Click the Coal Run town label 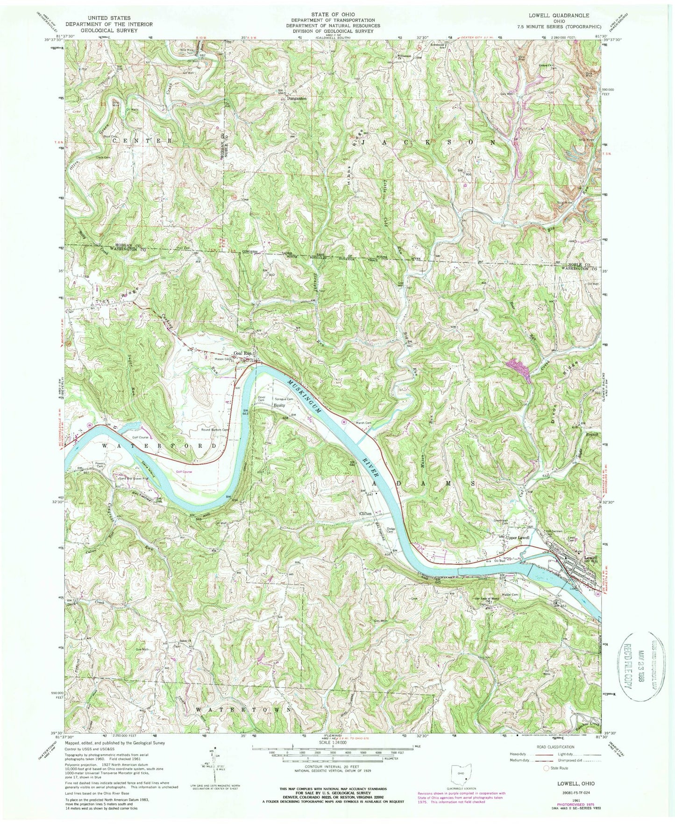pyautogui.click(x=243, y=354)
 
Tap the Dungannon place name pyautogui.click(x=297, y=99)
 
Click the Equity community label pyautogui.click(x=279, y=405)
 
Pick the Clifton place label pyautogui.click(x=365, y=513)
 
